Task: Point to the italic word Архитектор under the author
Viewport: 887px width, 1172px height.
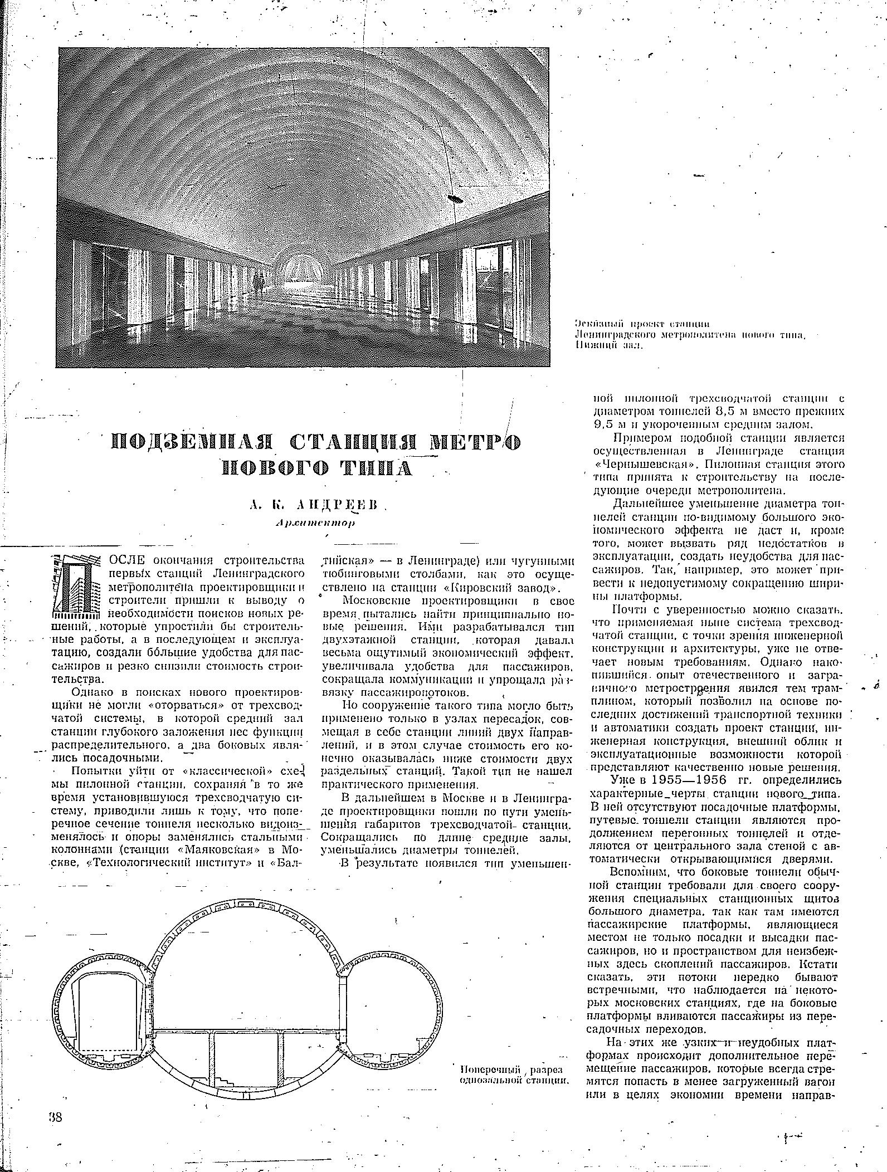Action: click(315, 523)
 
